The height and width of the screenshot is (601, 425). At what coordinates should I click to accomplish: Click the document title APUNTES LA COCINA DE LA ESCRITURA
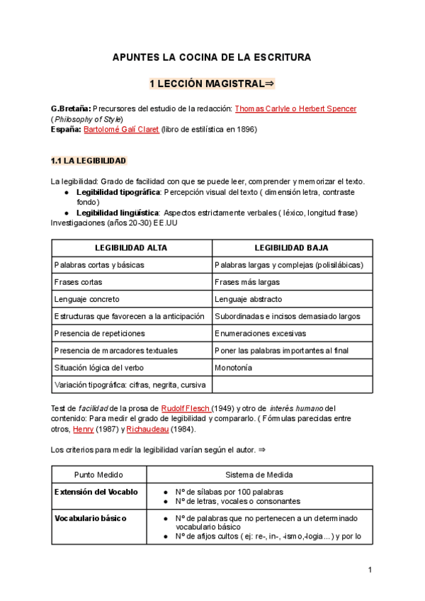(x=212, y=57)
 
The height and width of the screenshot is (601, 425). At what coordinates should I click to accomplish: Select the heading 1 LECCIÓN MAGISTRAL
(x=212, y=84)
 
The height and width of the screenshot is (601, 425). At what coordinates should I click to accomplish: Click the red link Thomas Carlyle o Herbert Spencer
(x=295, y=108)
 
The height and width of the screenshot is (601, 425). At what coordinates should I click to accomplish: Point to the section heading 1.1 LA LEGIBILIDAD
(x=89, y=161)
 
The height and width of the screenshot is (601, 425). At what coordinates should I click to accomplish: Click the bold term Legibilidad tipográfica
(x=118, y=192)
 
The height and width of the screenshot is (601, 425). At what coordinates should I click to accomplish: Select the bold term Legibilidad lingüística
(x=118, y=213)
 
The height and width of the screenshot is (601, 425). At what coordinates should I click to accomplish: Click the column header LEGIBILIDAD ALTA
(x=132, y=247)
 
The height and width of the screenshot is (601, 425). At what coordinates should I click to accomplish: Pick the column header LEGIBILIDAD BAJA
(x=293, y=247)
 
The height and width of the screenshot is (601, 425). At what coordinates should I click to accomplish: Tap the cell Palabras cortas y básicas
(x=99, y=264)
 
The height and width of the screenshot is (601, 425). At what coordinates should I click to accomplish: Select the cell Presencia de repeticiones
(x=99, y=333)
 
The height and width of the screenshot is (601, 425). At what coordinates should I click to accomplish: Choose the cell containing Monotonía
(x=234, y=368)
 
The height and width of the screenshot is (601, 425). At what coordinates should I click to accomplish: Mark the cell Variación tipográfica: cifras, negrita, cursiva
(x=130, y=385)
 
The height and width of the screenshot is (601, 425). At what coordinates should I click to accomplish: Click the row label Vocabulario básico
(x=91, y=518)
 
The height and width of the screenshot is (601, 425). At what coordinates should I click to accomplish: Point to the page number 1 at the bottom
(x=370, y=571)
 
